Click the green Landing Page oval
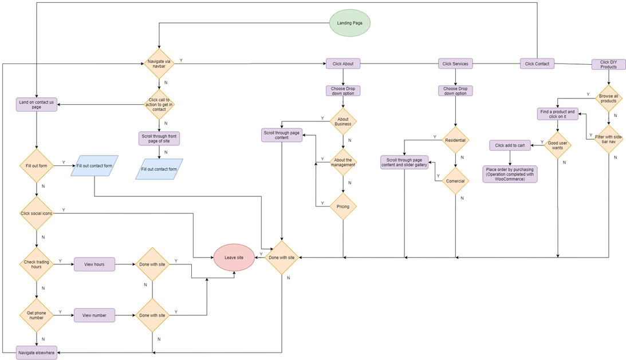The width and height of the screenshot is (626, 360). click(x=350, y=23)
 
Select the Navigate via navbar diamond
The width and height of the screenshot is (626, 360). click(x=159, y=64)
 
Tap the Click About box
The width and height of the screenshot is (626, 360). click(x=343, y=64)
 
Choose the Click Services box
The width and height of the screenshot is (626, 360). click(x=455, y=64)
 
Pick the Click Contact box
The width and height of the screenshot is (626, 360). click(x=537, y=64)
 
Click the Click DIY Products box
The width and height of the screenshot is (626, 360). click(x=608, y=64)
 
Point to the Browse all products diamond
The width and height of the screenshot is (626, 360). click(x=608, y=98)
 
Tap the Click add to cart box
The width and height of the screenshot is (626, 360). click(x=510, y=145)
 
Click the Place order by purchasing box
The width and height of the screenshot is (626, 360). click(x=510, y=174)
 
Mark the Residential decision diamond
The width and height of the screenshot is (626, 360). click(x=455, y=139)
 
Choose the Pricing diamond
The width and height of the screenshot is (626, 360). click(x=343, y=207)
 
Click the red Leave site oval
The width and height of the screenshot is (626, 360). click(x=234, y=258)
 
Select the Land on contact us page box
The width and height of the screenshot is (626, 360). click(x=37, y=105)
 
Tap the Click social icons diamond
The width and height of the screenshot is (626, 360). click(x=37, y=213)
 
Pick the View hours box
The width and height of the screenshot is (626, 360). click(x=95, y=264)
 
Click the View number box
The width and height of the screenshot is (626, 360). click(x=95, y=315)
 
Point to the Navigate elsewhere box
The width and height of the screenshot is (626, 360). click(x=37, y=352)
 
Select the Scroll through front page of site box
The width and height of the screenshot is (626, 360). click(x=159, y=138)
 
